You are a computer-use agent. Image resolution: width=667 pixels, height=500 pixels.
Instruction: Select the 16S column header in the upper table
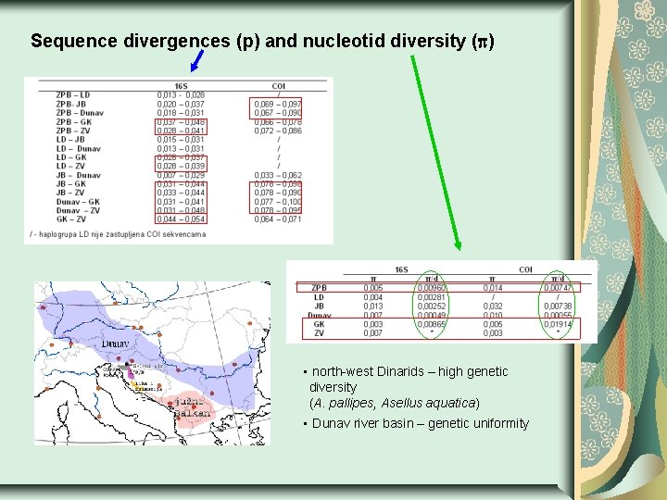coord(180,86)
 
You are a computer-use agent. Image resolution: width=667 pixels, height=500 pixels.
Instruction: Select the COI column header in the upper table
coord(278,86)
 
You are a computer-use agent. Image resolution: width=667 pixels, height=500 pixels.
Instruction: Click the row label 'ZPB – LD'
coord(73,94)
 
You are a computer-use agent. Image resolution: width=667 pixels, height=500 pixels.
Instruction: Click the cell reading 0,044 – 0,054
coord(181,219)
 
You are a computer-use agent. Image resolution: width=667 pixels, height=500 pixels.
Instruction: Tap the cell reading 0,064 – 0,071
coord(278,219)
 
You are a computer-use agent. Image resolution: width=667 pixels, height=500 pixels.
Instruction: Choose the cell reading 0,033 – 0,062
coord(278,175)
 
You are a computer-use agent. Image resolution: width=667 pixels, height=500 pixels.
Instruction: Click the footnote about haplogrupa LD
coord(118,234)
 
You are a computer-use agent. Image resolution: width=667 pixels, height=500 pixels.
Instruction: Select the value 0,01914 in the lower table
coord(558,325)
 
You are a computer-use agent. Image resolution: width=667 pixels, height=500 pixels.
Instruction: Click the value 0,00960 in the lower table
coord(432,288)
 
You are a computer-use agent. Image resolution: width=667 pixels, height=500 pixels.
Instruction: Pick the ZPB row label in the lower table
coord(319,288)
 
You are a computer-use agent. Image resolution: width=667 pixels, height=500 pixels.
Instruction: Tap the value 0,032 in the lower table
coord(493,306)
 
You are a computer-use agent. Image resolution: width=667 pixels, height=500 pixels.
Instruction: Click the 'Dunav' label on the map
coord(116,343)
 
